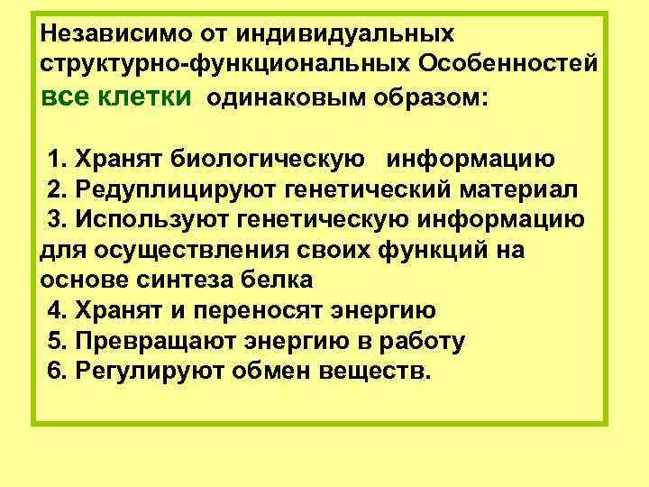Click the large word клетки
point(149,96)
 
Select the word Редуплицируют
point(178,190)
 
